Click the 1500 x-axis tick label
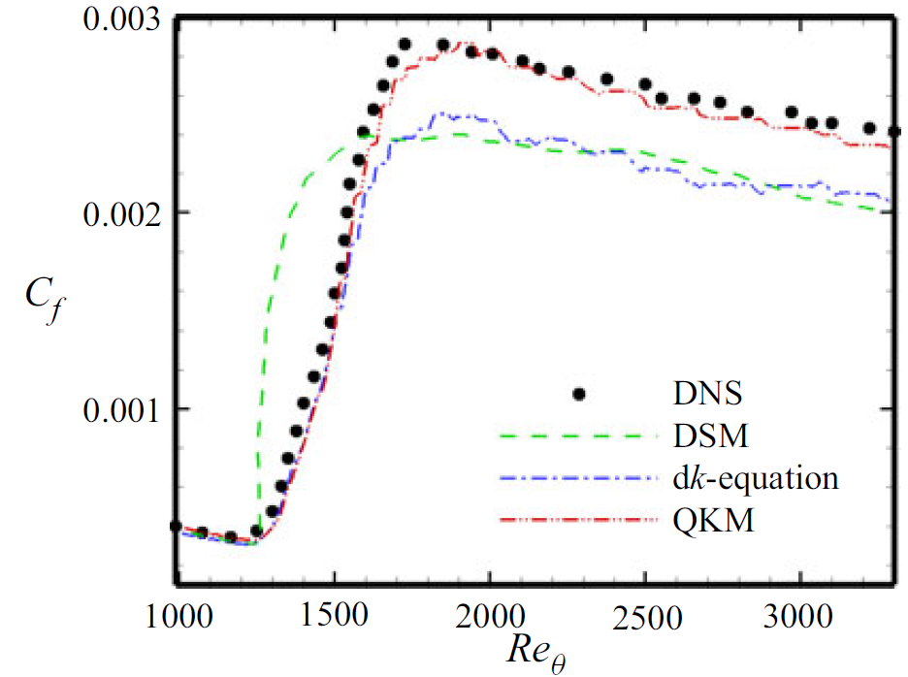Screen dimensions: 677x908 point(334,613)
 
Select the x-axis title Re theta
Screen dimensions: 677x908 point(535,651)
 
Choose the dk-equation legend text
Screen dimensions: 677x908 point(753,479)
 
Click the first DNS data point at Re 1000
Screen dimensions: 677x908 point(177,526)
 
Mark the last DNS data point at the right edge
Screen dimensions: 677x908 point(893,131)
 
